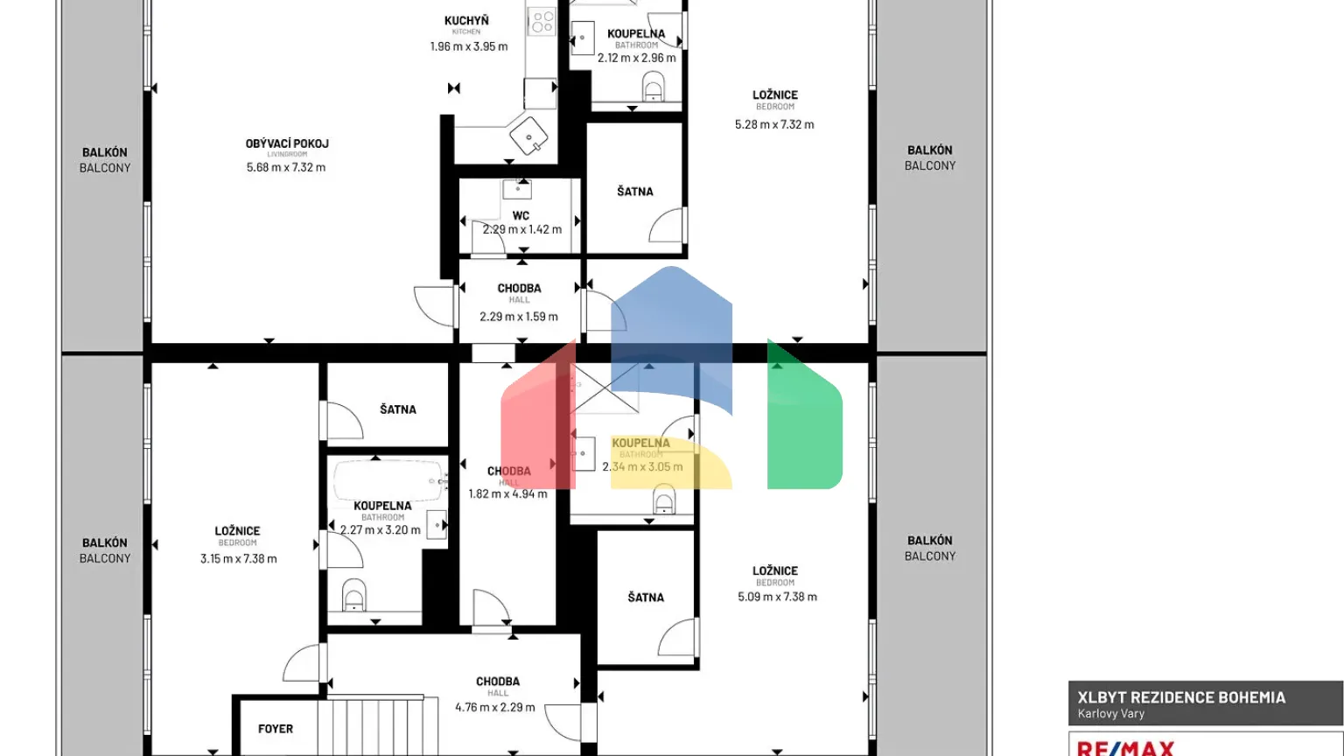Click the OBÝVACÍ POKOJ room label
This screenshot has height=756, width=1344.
tap(287, 143)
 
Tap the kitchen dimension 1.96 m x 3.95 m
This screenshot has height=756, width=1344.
tap(468, 46)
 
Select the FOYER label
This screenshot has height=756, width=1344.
tap(276, 729)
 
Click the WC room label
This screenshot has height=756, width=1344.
tap(521, 215)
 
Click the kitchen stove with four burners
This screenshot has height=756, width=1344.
tap(542, 22)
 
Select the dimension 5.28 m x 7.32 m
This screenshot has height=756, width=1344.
tap(774, 124)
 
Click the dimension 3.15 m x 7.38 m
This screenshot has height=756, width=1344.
tap(238, 558)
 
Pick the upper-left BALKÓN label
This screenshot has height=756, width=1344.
tap(105, 152)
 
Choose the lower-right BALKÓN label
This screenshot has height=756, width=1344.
tap(929, 541)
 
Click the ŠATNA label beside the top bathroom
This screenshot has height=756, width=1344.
tap(635, 192)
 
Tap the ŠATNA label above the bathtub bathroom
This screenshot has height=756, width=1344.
tap(398, 409)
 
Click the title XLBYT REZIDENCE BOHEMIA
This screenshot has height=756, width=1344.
tap(1181, 697)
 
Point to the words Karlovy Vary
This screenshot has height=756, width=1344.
tap(1111, 714)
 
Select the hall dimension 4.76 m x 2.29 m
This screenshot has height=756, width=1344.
tap(495, 707)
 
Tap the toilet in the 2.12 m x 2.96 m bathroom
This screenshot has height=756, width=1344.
tap(653, 87)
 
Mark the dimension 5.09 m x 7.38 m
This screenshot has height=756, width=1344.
tap(777, 597)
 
